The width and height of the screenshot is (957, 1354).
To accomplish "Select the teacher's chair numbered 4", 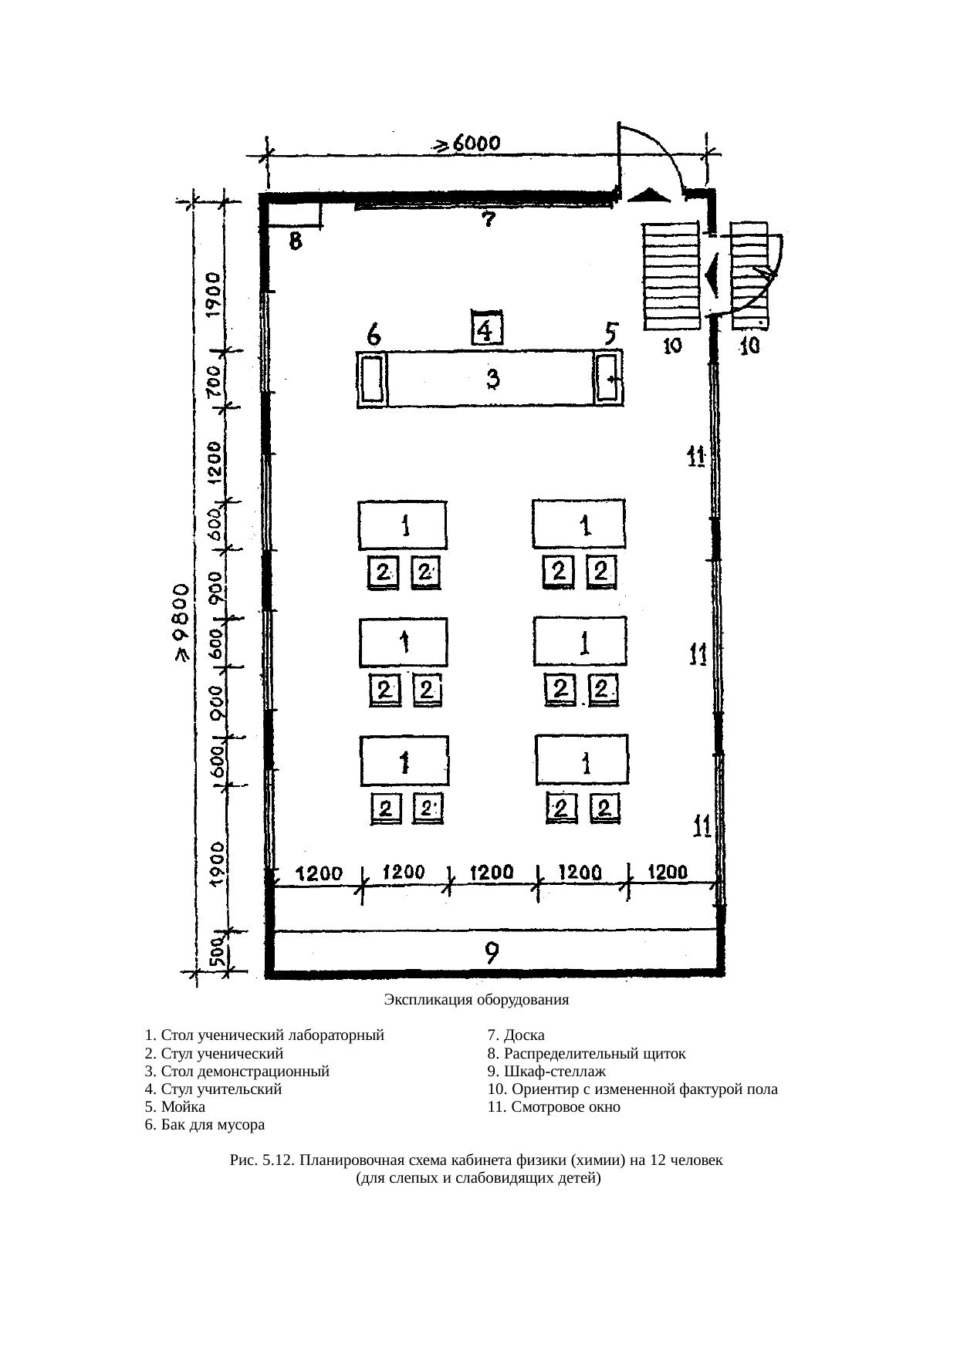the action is (487, 329).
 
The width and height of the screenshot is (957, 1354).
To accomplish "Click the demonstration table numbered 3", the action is (491, 379).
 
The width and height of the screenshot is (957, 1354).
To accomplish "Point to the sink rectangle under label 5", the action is (608, 378).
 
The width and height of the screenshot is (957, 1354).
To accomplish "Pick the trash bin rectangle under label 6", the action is (374, 378).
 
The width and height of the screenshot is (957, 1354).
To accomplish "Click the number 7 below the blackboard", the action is (488, 220).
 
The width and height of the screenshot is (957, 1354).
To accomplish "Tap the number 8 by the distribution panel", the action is (296, 241).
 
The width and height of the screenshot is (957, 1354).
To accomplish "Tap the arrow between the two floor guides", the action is (712, 275).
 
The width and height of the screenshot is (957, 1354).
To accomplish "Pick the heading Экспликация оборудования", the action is (476, 1000).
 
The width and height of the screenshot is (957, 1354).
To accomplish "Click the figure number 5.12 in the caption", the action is (278, 1160).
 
